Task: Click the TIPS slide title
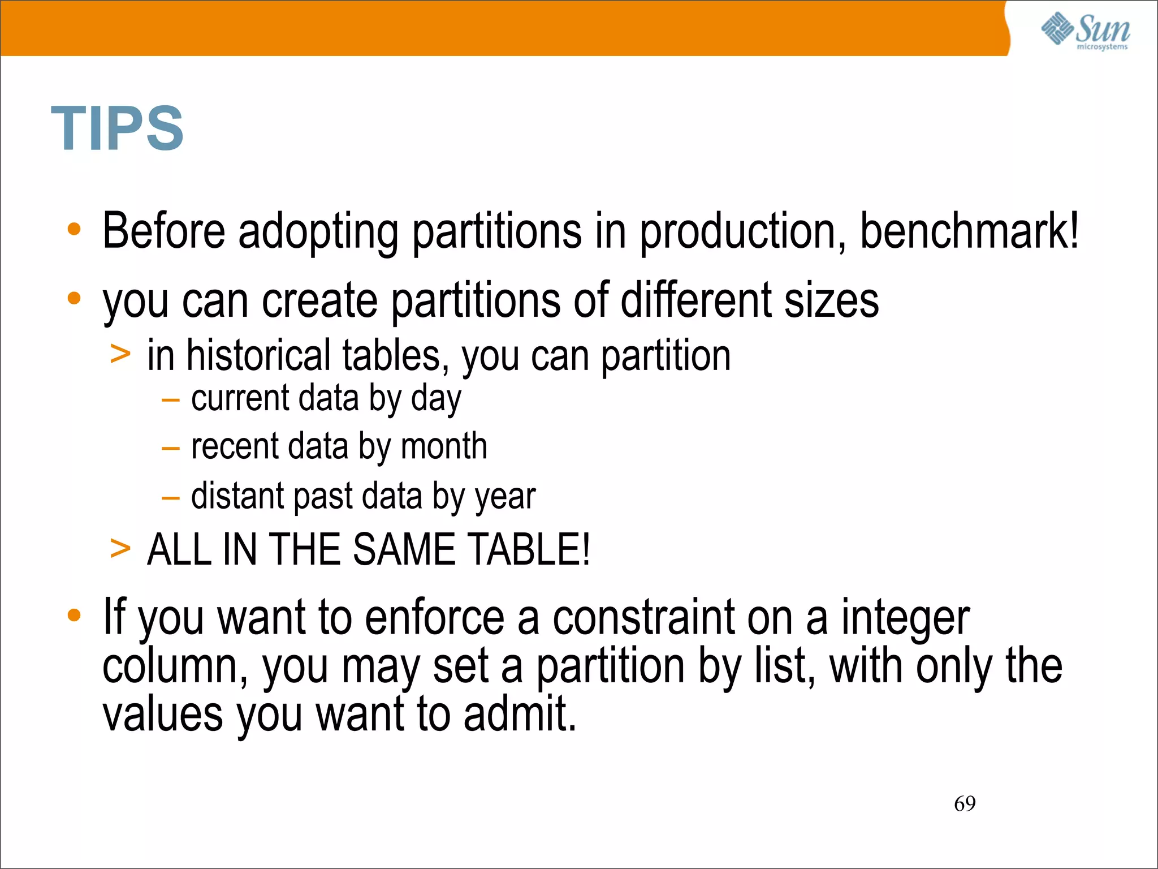[x=117, y=128]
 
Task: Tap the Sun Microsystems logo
[x=1085, y=31]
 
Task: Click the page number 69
[x=965, y=803]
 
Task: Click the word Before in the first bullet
[x=164, y=231]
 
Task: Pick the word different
[x=695, y=299]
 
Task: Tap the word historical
[x=257, y=356]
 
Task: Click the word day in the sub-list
[x=436, y=399]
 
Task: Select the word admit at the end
[x=519, y=714]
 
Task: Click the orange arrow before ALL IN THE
[x=120, y=548]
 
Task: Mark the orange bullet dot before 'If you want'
[x=74, y=615]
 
